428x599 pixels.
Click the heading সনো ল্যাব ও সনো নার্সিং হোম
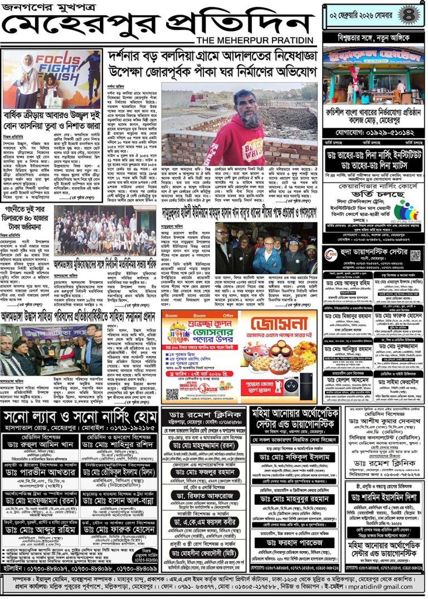tap(79, 417)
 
